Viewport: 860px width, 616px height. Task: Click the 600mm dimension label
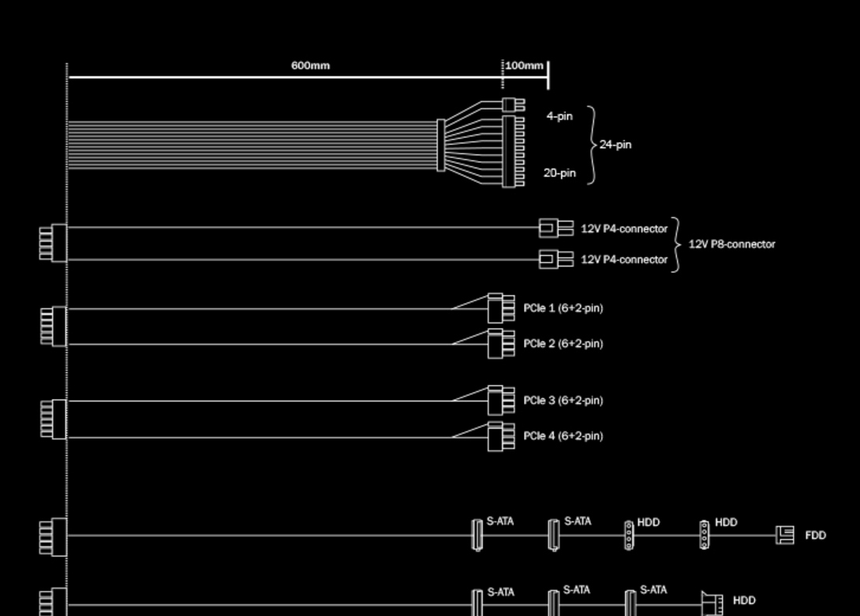click(310, 65)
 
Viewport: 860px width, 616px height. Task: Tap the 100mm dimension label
click(525, 65)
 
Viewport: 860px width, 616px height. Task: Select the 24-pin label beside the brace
click(615, 145)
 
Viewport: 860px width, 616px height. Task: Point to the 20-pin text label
click(559, 173)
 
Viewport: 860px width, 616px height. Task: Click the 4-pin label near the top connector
click(559, 116)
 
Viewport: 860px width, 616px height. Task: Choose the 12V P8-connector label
click(731, 244)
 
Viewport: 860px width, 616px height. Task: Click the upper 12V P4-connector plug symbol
click(556, 228)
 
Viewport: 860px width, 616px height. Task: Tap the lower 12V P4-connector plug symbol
click(556, 259)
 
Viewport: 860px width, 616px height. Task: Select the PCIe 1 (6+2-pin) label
click(563, 308)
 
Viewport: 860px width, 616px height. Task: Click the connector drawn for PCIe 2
click(501, 344)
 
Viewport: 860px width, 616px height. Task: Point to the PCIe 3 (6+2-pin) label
click(563, 401)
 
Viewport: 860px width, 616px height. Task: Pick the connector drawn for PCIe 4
click(501, 437)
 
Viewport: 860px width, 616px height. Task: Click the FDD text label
click(816, 536)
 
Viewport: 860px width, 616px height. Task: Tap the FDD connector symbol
click(785, 535)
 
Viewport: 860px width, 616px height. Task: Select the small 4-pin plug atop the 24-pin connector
click(514, 104)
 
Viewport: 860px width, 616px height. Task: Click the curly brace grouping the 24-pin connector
click(592, 145)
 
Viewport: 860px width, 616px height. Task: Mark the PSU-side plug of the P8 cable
click(53, 243)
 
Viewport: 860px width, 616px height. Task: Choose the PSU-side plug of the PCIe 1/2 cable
click(54, 327)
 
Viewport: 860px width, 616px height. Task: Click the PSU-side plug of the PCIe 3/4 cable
click(54, 419)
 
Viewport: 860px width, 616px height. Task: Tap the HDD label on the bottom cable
click(744, 601)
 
